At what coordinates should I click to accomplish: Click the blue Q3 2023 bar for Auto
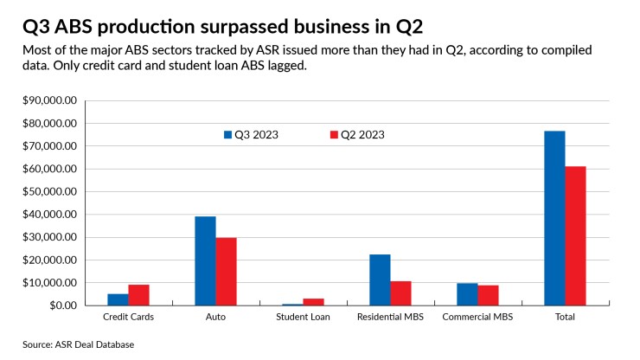(x=205, y=260)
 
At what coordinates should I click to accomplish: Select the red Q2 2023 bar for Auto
(x=227, y=272)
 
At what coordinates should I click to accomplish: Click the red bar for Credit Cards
(x=139, y=295)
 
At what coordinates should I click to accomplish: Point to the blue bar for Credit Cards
(x=118, y=299)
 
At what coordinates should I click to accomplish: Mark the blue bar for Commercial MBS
(x=467, y=294)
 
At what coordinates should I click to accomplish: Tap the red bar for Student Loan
(x=314, y=302)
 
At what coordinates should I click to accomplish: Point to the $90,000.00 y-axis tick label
(x=51, y=100)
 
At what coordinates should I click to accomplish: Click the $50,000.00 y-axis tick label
(x=51, y=191)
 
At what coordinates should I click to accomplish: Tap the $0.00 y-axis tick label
(x=62, y=305)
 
